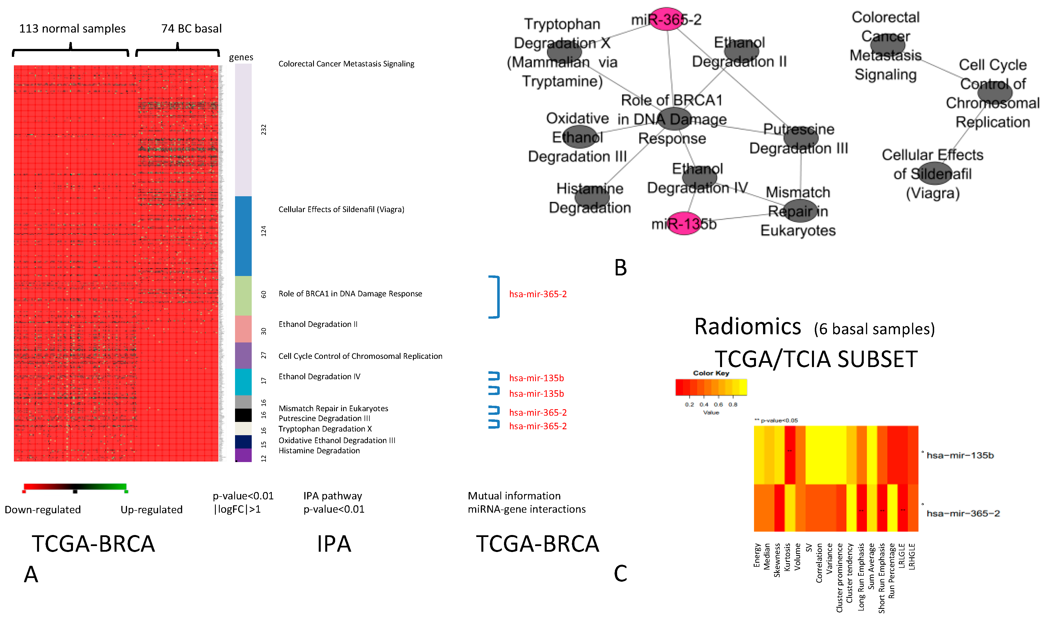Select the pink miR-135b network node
[x=684, y=224]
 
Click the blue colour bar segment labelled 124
[x=243, y=236]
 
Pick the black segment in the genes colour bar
[x=243, y=415]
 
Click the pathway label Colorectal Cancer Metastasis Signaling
[x=346, y=64]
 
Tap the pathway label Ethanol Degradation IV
[x=319, y=376]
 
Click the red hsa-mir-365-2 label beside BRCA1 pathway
[x=538, y=294]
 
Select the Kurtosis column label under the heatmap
[x=787, y=557]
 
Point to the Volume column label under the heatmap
[x=798, y=557]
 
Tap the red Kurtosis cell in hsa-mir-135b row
[x=790, y=455]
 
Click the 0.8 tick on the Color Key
[x=733, y=405]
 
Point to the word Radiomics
[x=747, y=327]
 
